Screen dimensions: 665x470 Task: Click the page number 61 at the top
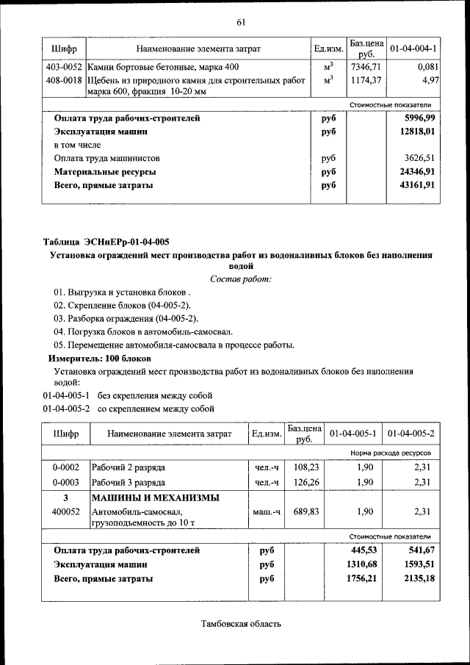tap(240, 22)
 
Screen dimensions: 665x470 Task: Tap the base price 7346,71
tap(365, 67)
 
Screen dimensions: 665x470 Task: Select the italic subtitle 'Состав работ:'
tap(240, 278)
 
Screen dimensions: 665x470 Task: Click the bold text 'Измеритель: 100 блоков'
tap(100, 359)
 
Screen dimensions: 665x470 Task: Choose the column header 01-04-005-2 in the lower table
tap(411, 434)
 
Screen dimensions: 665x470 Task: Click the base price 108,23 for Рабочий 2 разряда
tap(304, 467)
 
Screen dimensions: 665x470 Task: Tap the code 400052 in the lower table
tap(65, 511)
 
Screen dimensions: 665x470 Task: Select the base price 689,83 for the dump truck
tap(304, 511)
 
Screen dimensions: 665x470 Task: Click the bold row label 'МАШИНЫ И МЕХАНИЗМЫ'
tap(155, 497)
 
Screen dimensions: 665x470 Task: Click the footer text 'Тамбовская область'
tap(241, 624)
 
